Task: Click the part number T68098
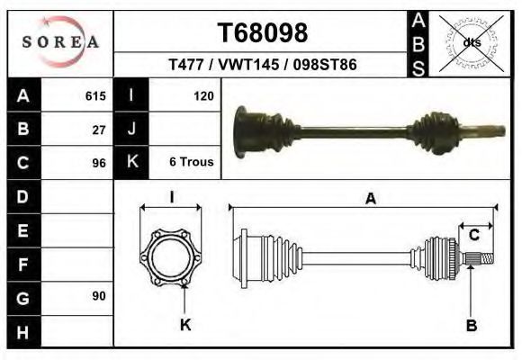pyautogui.click(x=263, y=32)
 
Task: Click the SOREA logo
pyautogui.click(x=60, y=41)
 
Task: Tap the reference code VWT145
pyautogui.click(x=248, y=64)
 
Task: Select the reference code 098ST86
pyautogui.click(x=325, y=64)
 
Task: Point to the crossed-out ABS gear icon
pyautogui.click(x=471, y=43)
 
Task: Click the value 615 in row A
pyautogui.click(x=95, y=96)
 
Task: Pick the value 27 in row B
pyautogui.click(x=99, y=130)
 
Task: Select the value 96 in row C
pyautogui.click(x=99, y=163)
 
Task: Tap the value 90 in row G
pyautogui.click(x=99, y=296)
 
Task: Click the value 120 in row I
pyautogui.click(x=203, y=96)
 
